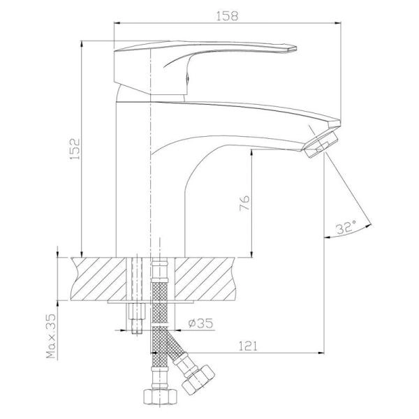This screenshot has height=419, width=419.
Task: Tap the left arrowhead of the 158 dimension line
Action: coord(117,22)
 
